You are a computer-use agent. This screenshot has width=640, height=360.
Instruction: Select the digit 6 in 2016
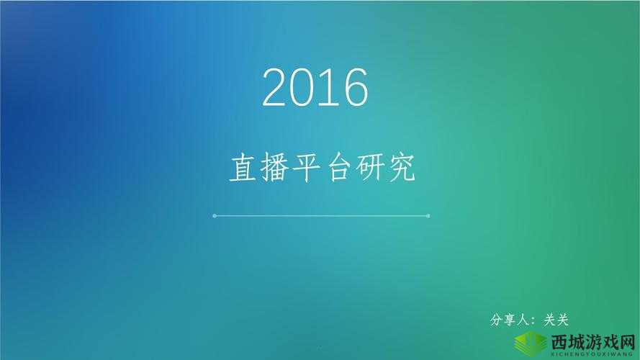354,88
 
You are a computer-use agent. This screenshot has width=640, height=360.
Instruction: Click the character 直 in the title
243,168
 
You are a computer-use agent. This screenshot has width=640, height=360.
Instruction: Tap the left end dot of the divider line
215,215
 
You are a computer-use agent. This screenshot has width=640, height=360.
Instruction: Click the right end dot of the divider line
428,215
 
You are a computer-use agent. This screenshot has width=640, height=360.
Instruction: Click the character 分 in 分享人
496,320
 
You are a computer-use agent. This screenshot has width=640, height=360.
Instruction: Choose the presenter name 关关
556,320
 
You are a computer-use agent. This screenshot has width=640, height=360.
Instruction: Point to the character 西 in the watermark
559,341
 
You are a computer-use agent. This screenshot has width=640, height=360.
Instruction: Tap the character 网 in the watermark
629,341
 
